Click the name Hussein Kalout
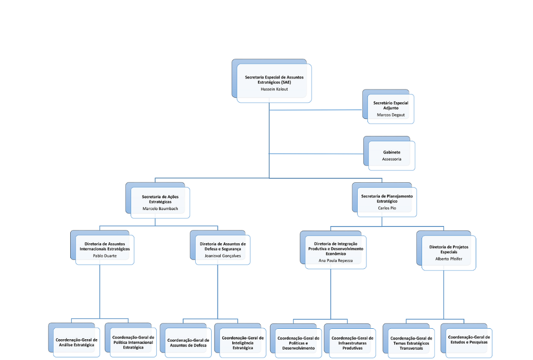274,89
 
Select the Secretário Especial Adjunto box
391,108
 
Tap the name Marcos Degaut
391,115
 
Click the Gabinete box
392,155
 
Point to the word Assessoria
392,159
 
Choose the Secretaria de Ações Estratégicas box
160,202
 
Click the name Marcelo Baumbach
160,208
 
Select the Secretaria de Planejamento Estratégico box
387,202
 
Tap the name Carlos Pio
387,207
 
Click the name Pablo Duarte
105,256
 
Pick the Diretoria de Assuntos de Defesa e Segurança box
223,249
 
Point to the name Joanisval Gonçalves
223,256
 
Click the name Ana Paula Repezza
336,259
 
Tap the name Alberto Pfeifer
449,258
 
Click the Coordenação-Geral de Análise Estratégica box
77,342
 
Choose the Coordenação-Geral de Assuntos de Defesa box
187,343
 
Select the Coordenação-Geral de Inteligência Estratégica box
243,342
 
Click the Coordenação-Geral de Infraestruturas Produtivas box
352,342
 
